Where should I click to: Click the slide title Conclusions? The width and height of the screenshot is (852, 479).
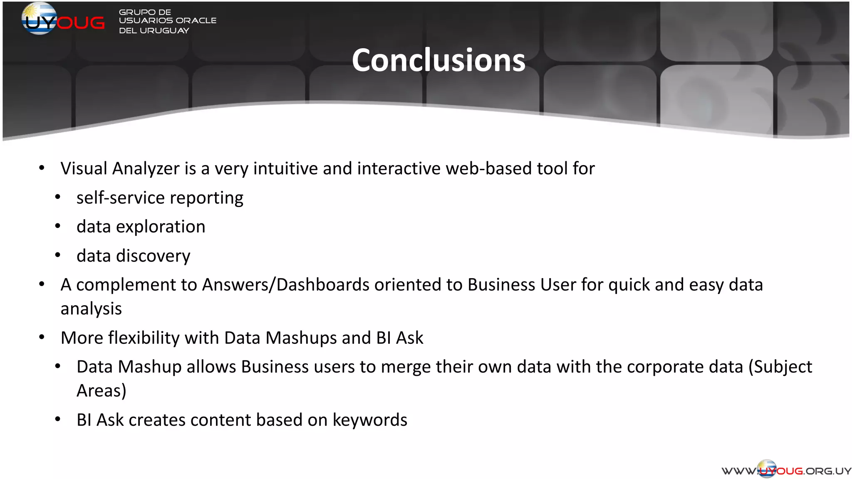point(438,60)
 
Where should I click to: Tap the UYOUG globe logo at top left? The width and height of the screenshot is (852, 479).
point(40,18)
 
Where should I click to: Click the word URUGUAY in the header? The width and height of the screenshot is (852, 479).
point(164,31)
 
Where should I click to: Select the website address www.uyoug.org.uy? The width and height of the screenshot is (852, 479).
point(786,470)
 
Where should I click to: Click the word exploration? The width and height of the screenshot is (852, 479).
point(161,227)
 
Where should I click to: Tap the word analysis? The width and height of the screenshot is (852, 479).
point(91,309)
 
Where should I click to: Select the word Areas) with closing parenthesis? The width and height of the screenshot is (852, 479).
point(102,391)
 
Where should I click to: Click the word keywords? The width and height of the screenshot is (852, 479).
point(370,420)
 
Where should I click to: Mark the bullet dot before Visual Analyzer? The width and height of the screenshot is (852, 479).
point(42,168)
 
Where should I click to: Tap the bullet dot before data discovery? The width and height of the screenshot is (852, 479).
point(58,255)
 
